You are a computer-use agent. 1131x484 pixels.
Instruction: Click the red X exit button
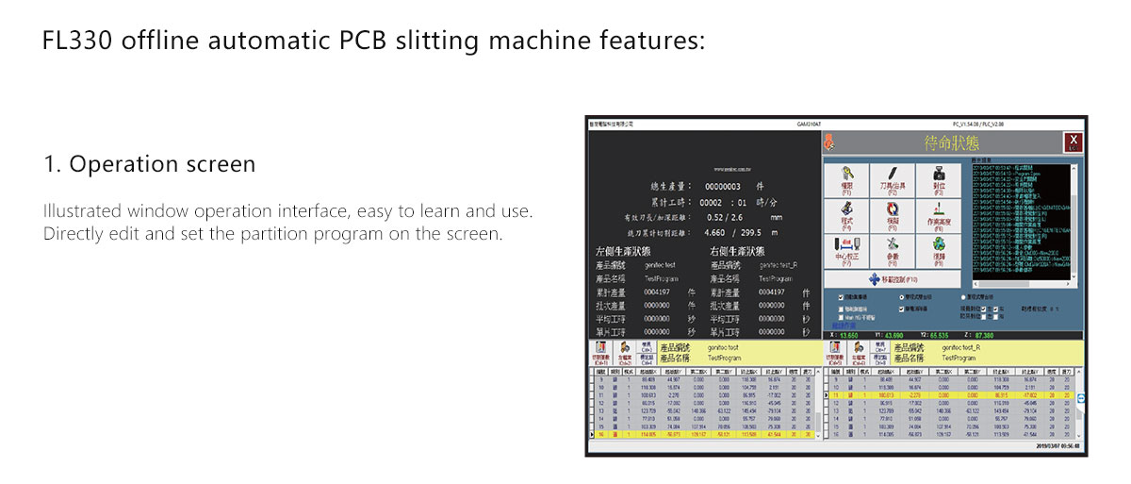[1074, 142]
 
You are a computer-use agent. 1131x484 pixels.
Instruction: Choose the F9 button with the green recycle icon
[939, 247]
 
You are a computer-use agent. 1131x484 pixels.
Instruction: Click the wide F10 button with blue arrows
[893, 279]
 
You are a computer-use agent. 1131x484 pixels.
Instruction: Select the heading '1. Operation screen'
[149, 164]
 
